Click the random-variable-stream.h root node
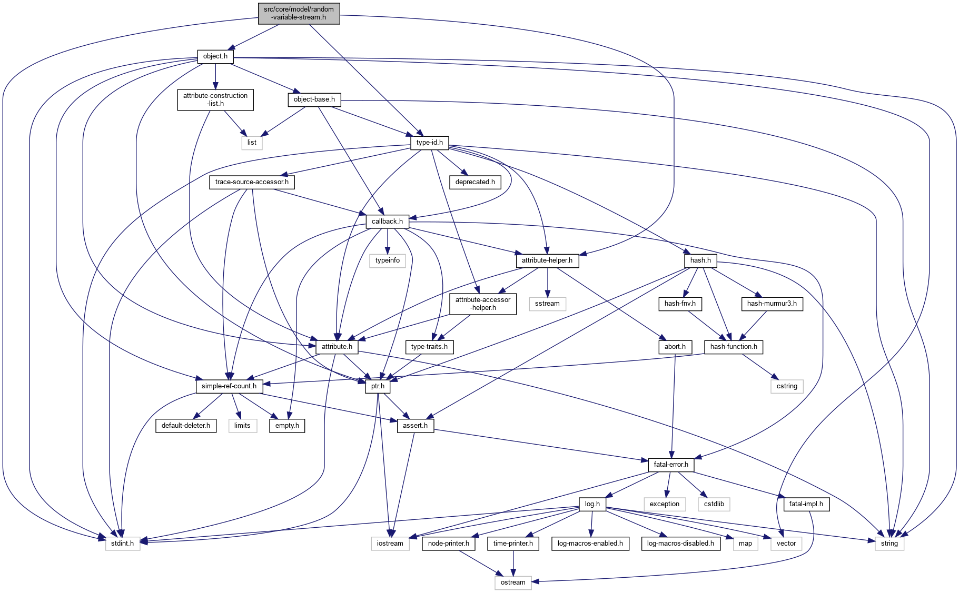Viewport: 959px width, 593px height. (x=299, y=13)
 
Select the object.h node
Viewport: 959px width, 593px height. (x=215, y=56)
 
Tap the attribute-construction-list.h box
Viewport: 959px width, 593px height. (x=215, y=99)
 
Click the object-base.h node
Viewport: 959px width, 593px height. (x=314, y=99)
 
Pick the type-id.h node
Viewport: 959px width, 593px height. (x=429, y=143)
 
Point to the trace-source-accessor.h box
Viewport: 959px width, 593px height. (x=252, y=182)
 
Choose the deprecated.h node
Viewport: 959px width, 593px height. (x=475, y=182)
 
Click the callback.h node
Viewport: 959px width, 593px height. (x=387, y=222)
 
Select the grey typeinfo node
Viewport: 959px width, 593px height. (x=388, y=260)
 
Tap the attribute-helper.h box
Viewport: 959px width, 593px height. (x=547, y=260)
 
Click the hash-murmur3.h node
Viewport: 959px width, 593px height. (x=772, y=304)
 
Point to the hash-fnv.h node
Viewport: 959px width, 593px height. (x=680, y=304)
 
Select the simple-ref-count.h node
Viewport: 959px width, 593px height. (x=229, y=386)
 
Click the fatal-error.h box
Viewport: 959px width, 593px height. (x=671, y=465)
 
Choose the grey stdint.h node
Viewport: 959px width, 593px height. (x=123, y=544)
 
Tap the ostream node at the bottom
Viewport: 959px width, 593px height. (x=513, y=582)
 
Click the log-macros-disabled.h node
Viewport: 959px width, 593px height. (x=680, y=544)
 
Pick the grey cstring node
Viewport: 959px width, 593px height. (x=787, y=386)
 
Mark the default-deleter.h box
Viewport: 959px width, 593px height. (x=186, y=426)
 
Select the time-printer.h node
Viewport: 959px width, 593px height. (x=513, y=544)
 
